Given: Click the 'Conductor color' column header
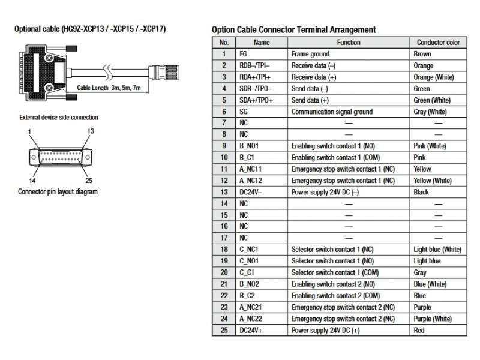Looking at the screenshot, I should (438, 43).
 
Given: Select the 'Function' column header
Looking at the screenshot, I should (349, 43).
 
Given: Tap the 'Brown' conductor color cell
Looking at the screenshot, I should (422, 54).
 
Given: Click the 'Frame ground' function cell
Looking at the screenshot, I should (310, 54).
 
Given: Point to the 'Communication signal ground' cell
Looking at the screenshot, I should (332, 112).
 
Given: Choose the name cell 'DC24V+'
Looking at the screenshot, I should (252, 330).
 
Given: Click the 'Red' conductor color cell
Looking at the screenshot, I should (419, 330).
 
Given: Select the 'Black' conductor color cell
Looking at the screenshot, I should (421, 192).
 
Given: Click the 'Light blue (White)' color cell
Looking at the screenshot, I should (437, 250).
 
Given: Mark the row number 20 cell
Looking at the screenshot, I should (224, 272).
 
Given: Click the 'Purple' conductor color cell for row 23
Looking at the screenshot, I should (423, 307).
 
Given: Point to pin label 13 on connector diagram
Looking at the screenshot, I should (91, 131).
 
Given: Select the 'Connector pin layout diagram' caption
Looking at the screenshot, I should (58, 192).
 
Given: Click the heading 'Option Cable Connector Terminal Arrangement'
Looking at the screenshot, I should (294, 29).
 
